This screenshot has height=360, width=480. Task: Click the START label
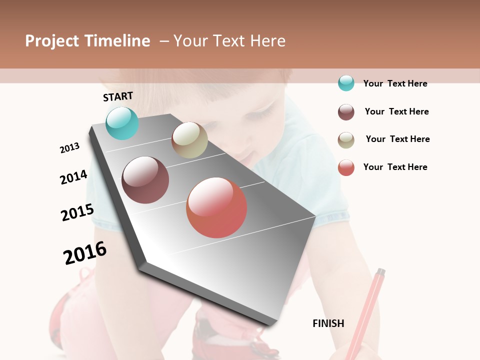coord(118,96)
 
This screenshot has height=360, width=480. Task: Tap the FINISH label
coord(328,323)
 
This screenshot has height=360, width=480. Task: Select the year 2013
coord(69,148)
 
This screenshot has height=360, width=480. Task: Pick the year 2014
coord(73,177)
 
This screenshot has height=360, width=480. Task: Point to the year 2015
coord(77,212)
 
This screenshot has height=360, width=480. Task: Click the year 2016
coord(85,252)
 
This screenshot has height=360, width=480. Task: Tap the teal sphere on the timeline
coord(122,123)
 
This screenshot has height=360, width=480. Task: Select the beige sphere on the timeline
coord(189,140)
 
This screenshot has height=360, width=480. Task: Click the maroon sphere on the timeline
coord(145,180)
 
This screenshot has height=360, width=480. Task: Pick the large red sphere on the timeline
coord(216,207)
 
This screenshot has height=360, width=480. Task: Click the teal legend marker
coord(346,83)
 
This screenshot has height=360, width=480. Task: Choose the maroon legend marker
coord(346,112)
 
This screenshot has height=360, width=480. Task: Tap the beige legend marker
coord(346,140)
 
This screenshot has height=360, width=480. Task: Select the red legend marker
coord(346,167)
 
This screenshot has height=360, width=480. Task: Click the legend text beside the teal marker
coord(395,83)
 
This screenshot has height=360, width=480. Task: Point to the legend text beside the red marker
coord(395,167)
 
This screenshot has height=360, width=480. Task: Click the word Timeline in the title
coord(117,41)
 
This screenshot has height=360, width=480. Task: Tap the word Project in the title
coord(52,41)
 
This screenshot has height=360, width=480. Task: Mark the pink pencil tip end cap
coord(380,273)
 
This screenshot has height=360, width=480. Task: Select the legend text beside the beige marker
coord(397,139)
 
